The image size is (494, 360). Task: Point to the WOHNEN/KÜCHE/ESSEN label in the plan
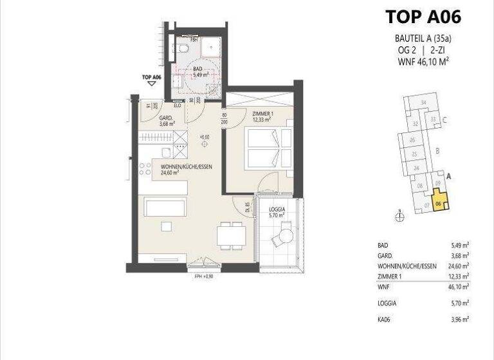point(186,169)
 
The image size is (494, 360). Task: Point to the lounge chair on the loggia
point(282,239)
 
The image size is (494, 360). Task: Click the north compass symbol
point(399,217)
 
